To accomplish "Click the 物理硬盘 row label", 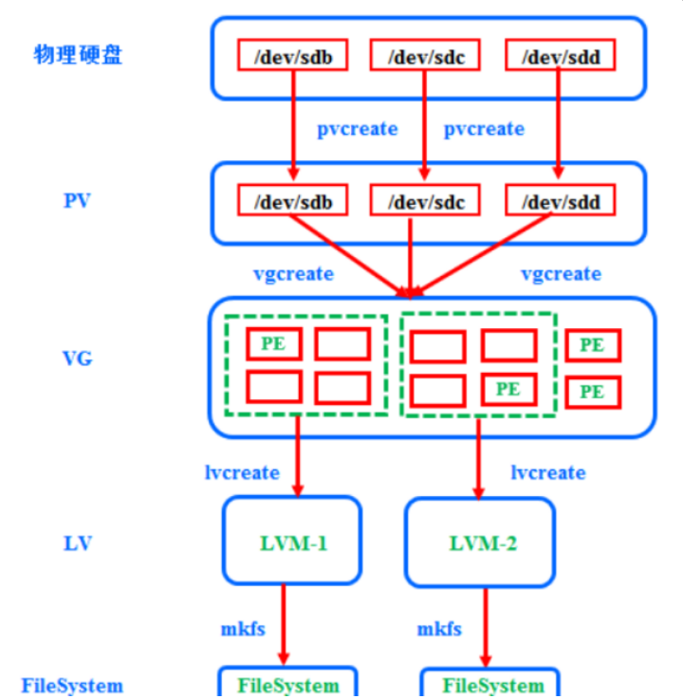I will [78, 54].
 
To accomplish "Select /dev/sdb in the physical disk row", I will [292, 55].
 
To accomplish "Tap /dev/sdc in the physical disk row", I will [424, 55].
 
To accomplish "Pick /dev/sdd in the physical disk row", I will [560, 55].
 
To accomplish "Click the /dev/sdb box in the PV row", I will [292, 200].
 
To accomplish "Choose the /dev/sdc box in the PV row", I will [424, 200].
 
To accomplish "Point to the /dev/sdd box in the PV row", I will [560, 200].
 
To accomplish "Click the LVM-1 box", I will [293, 543].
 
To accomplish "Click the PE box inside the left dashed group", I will [274, 344].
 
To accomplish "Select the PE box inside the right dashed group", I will [508, 389].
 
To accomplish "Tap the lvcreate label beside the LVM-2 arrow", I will [548, 472].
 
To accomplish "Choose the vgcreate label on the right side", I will [561, 274].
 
